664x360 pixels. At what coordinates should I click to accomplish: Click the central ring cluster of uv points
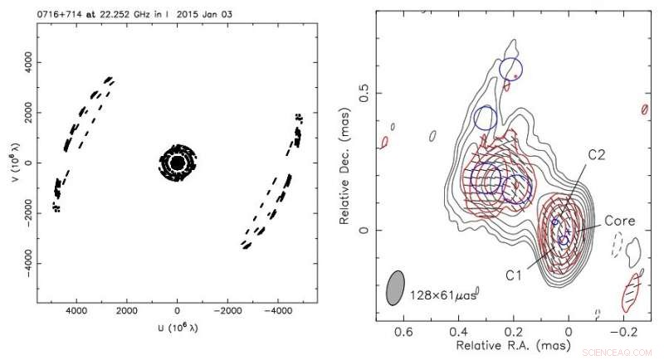point(176,162)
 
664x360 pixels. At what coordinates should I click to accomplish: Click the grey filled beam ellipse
point(396,287)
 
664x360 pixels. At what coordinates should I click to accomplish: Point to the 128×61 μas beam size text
point(447,294)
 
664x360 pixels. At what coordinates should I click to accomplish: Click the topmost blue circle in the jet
point(511,70)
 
